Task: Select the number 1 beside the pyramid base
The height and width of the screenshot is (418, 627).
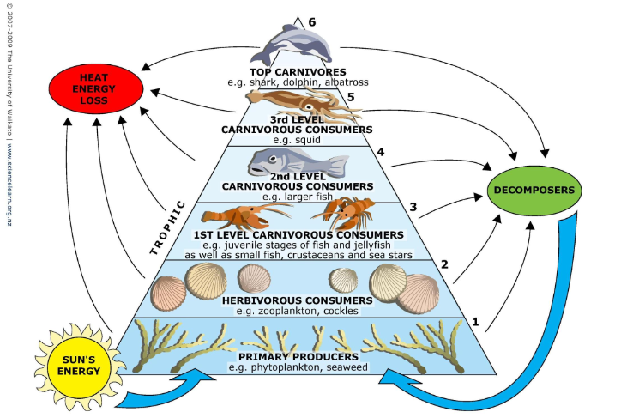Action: [474, 324]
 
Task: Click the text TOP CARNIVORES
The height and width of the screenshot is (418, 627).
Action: [298, 71]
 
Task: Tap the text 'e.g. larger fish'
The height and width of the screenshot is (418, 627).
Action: [298, 196]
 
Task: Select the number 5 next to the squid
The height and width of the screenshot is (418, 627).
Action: [350, 96]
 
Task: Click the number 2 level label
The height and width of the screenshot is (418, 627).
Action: [444, 265]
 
